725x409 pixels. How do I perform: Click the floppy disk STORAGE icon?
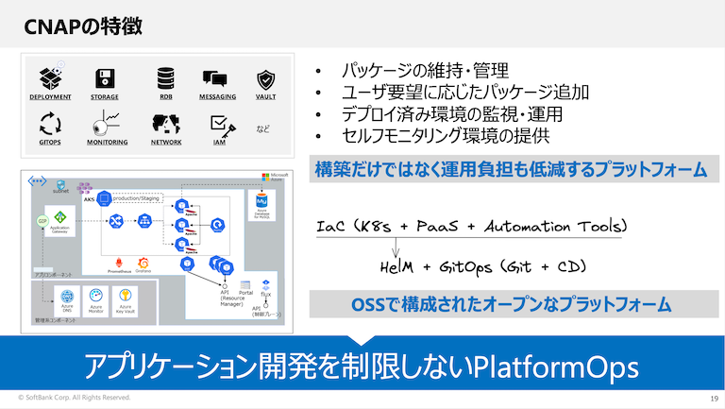(105, 78)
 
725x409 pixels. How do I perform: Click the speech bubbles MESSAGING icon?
(217, 79)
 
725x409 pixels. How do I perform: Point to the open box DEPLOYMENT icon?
(50, 77)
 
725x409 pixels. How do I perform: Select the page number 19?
(713, 399)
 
